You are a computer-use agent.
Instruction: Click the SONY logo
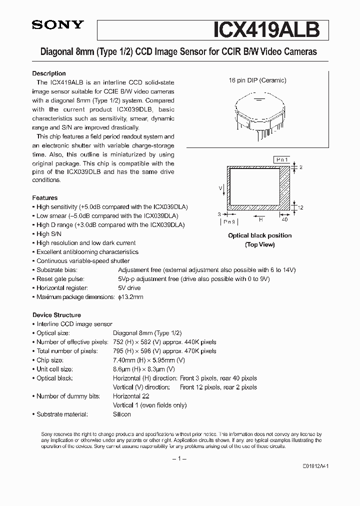coord(58,25)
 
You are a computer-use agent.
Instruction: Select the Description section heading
coord(49,73)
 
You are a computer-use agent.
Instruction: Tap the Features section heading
coord(45,198)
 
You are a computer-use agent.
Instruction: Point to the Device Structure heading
coord(56,315)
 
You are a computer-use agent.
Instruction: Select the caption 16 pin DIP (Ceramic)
coord(257,80)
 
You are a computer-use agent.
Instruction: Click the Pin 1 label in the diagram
coord(281,159)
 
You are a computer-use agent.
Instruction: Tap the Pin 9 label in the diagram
coord(229,221)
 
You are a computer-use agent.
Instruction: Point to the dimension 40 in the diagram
coord(285,219)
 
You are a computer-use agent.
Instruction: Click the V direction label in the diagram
coord(220,188)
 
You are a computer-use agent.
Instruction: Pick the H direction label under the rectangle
coord(261,218)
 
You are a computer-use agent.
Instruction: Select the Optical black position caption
coord(259,235)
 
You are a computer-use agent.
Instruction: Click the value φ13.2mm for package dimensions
coord(130,297)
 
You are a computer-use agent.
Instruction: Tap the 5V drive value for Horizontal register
coord(129,288)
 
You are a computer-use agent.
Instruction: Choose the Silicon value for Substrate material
coord(122,414)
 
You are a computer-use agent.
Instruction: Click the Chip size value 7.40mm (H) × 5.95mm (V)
coord(149,360)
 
